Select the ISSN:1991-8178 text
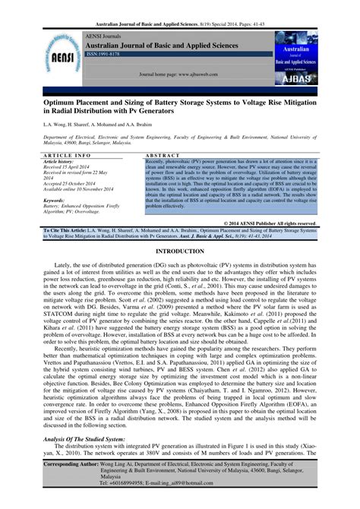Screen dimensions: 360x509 tap(103, 55)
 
